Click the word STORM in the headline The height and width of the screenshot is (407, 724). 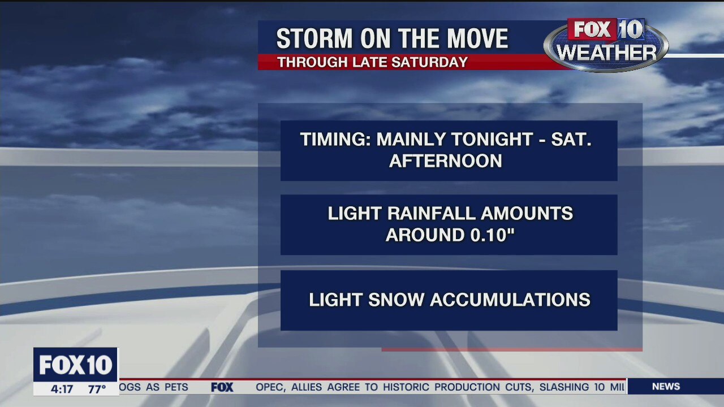click(307, 39)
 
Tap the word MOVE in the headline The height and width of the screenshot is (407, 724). click(478, 39)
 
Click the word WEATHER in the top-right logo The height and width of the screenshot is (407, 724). click(606, 53)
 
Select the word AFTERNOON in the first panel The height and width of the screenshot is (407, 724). click(446, 161)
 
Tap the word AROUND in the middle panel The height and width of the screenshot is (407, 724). click(419, 235)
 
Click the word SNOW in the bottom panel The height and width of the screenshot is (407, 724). click(397, 300)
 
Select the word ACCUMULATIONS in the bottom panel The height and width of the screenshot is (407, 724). click(510, 300)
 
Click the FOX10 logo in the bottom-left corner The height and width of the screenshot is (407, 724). click(76, 365)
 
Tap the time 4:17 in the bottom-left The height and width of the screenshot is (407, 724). click(62, 389)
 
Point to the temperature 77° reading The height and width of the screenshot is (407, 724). click(97, 389)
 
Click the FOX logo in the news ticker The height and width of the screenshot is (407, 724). click(222, 387)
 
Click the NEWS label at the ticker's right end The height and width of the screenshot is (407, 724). click(666, 387)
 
